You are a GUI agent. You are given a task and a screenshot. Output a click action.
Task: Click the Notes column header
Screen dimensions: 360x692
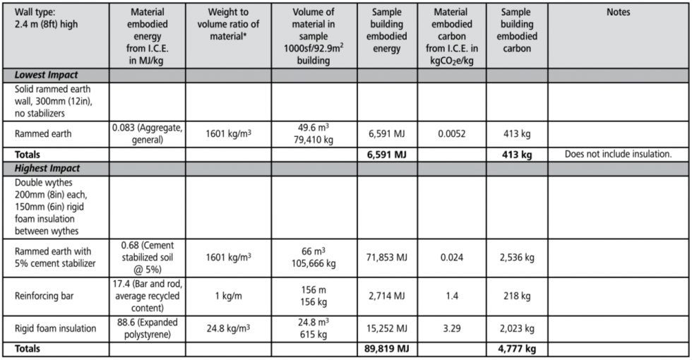[x=618, y=12]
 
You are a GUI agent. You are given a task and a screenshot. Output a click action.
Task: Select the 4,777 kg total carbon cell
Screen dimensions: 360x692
[x=517, y=349]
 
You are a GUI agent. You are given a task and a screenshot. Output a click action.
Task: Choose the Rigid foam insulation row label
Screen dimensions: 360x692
[x=55, y=328]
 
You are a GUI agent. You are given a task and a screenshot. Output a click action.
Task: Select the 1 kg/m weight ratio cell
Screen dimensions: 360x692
[x=225, y=296]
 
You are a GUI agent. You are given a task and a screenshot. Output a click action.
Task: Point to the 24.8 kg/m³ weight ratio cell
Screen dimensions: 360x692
[x=225, y=328]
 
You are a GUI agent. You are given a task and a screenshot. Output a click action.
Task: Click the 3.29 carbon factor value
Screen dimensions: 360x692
[x=451, y=328]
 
